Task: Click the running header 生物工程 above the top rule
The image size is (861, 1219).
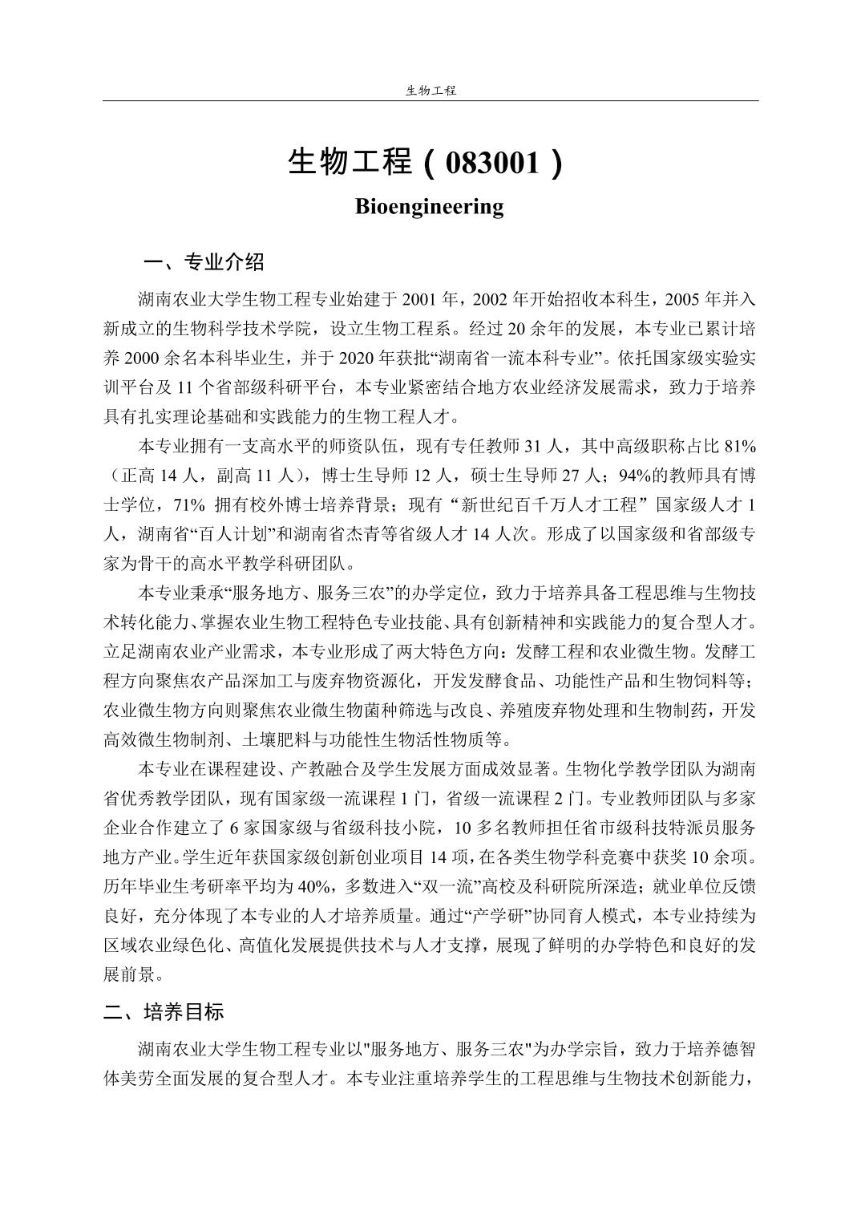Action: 430,91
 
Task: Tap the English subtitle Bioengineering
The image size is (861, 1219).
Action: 430,206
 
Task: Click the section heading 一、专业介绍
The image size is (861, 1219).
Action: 203,262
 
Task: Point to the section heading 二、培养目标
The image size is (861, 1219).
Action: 164,1012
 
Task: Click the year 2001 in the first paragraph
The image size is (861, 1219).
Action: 419,300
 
